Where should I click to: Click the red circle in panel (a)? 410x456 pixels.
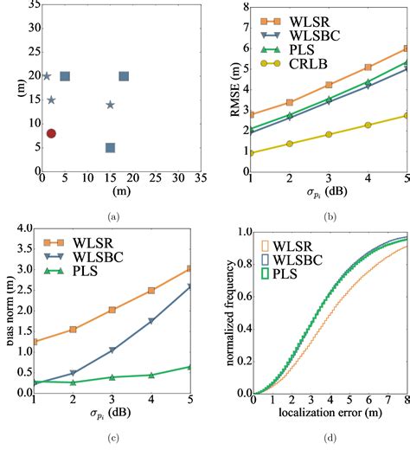[x=52, y=133]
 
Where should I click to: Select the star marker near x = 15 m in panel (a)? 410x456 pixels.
[x=110, y=105]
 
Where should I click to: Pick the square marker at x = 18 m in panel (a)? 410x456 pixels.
[x=124, y=77]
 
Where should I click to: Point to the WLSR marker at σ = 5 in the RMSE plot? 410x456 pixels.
[x=406, y=49]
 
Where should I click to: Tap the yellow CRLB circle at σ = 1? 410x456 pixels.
[x=251, y=153]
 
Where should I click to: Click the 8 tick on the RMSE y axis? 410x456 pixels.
[x=242, y=7]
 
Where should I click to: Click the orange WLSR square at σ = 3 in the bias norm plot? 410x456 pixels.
[x=112, y=310]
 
